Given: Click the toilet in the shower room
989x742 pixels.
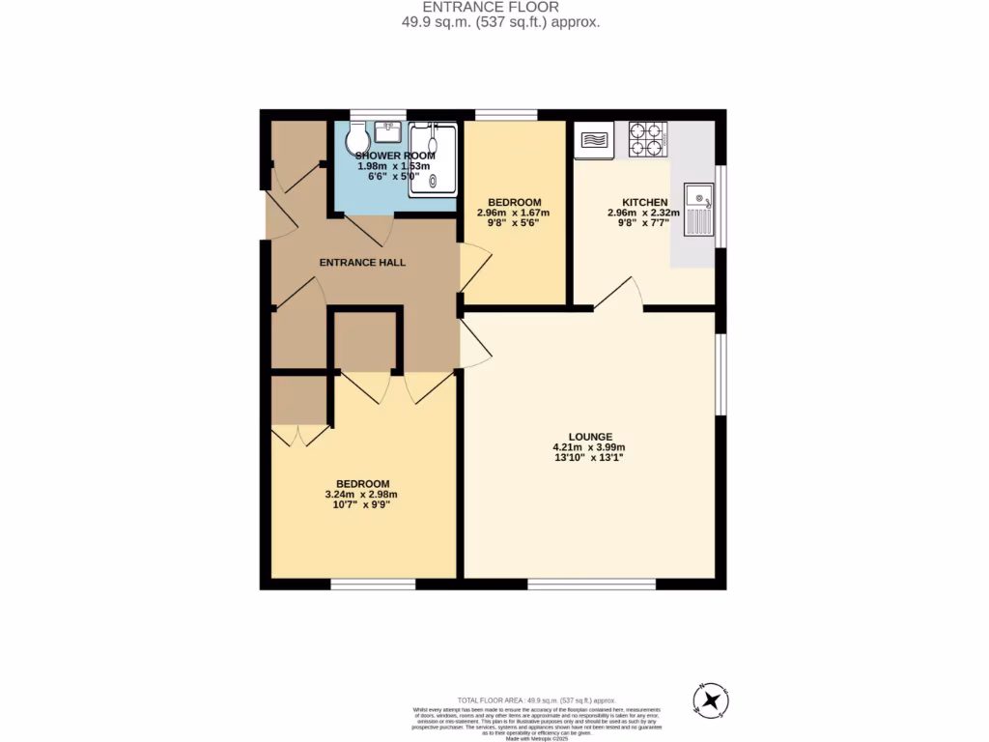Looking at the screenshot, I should (x=356, y=136).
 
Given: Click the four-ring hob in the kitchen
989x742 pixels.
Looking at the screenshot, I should (x=646, y=139).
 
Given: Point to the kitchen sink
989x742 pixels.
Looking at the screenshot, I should (x=699, y=210).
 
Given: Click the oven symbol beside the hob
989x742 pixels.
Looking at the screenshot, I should (x=594, y=141).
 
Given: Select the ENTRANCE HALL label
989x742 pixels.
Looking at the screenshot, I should (x=362, y=262).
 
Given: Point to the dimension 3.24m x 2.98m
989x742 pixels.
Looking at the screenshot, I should (x=362, y=495).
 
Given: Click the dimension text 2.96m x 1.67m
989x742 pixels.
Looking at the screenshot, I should (x=513, y=213).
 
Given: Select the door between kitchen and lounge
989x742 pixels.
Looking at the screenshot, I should (x=619, y=295).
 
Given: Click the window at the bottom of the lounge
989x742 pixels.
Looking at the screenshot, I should (x=591, y=585).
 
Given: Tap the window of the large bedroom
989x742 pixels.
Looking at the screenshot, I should (x=373, y=585).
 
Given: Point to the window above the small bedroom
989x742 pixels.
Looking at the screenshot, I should (x=506, y=114).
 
